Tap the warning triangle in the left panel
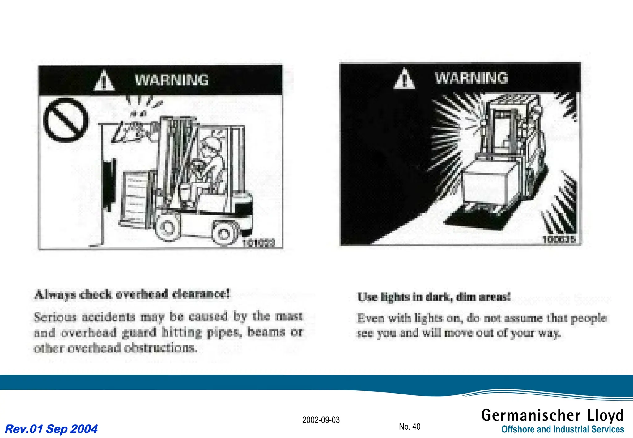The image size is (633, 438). tap(104, 81)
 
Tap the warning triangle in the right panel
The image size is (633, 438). tap(404, 79)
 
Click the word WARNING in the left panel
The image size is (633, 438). tap(172, 80)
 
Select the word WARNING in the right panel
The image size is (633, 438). tap(471, 78)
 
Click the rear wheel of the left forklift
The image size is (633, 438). tap(224, 234)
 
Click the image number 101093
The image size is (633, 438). tap(258, 243)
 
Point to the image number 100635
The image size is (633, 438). tap(559, 239)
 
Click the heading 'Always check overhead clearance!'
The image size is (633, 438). tap(133, 294)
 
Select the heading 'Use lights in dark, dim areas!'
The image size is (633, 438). tap(434, 297)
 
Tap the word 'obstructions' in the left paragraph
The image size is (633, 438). tap(160, 348)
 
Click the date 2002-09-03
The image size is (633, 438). tap(321, 420)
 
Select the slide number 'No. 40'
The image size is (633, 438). tap(410, 427)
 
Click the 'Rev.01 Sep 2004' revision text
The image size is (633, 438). tap(51, 429)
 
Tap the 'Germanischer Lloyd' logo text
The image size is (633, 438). tap(552, 415)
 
